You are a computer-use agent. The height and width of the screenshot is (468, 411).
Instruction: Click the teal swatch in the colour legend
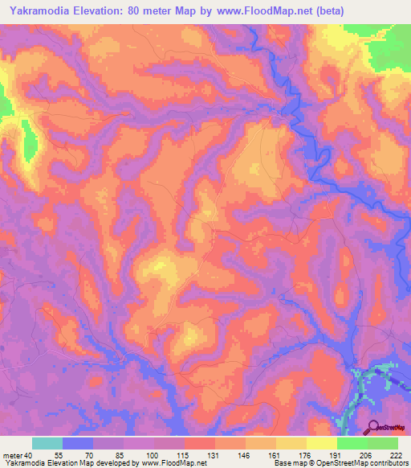pyautogui.click(x=47, y=443)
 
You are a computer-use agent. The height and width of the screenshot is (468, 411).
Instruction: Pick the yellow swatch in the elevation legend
pyautogui.click(x=321, y=443)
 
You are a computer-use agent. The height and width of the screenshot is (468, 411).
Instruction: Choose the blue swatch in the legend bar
pyautogui.click(x=78, y=443)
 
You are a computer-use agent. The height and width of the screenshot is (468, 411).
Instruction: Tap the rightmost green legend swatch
pyautogui.click(x=382, y=443)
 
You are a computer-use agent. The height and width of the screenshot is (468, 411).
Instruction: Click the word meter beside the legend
pyautogui.click(x=14, y=456)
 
